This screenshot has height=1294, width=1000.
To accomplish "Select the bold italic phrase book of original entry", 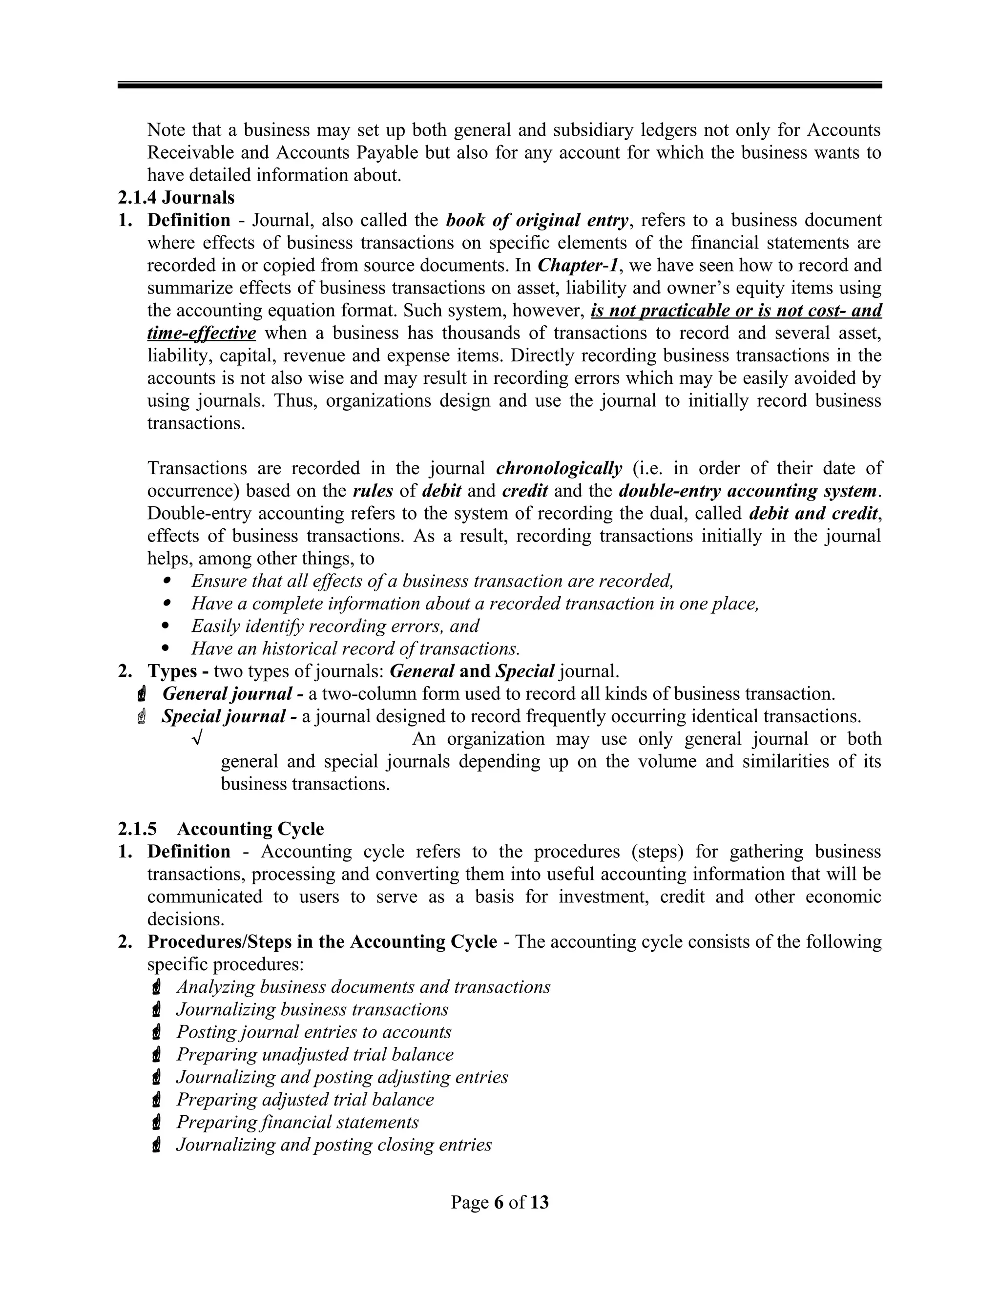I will coord(536,220).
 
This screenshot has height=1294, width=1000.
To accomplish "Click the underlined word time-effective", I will coord(202,333).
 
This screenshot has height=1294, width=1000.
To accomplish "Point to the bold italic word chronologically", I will coord(559,468).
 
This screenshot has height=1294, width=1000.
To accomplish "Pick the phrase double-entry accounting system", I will coord(748,491).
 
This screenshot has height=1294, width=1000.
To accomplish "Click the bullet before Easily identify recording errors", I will coord(166,626).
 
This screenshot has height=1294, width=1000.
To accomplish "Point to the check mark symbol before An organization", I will coord(197,739).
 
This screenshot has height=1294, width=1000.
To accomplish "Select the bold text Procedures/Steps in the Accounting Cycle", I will coord(322,941).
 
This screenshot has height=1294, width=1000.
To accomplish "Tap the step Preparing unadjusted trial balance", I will coord(314,1055).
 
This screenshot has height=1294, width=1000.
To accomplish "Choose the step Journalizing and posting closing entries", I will coord(333,1145).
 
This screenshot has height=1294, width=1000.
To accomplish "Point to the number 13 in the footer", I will coord(539,1202).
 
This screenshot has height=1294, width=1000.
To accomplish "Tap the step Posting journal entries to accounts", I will coord(313,1032).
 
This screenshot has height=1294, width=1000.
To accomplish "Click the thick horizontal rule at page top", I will coord(500,85).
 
